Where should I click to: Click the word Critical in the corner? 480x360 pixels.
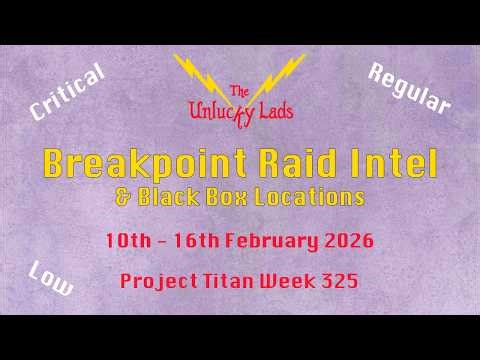[x=68, y=93]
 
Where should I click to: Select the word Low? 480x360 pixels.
[x=51, y=279]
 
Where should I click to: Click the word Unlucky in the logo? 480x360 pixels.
[x=216, y=111]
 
